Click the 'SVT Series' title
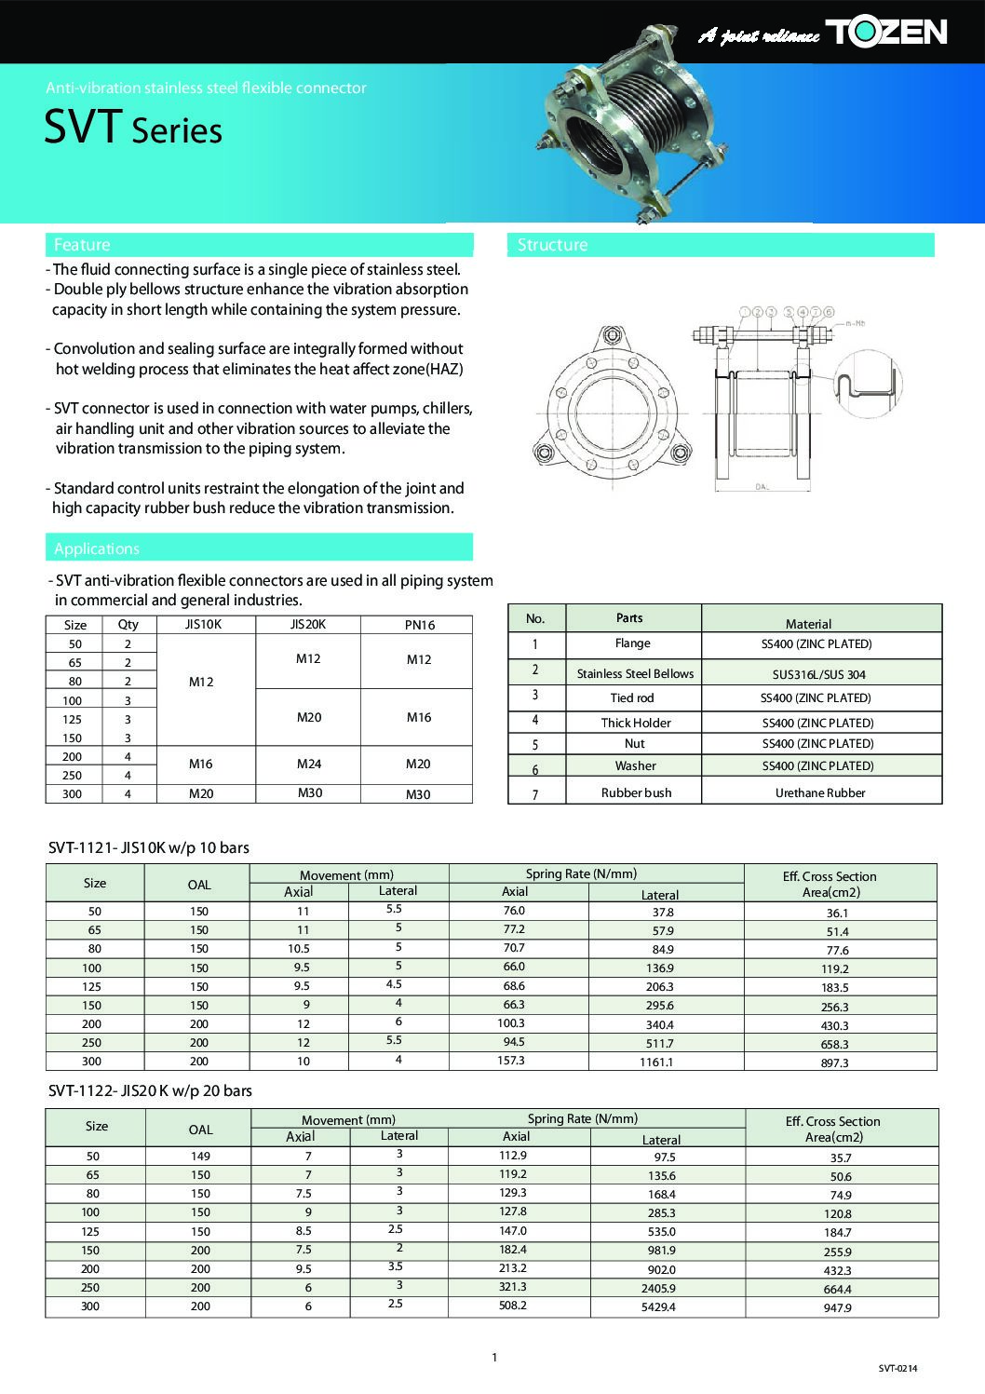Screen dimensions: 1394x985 (133, 129)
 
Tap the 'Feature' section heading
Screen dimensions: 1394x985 (82, 245)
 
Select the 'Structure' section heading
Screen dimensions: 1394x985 (552, 245)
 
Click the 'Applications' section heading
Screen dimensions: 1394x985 (97, 548)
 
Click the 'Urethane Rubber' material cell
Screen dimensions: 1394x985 (820, 793)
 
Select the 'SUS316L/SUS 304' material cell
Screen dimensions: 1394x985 (820, 674)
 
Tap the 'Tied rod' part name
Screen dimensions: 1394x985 (632, 697)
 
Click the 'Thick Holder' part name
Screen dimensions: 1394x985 (636, 723)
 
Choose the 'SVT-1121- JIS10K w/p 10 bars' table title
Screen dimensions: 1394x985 (148, 847)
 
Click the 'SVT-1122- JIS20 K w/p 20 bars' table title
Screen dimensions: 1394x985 (150, 1090)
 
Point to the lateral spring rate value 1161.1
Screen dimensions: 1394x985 (656, 1062)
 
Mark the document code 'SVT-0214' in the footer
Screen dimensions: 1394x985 (897, 1368)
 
